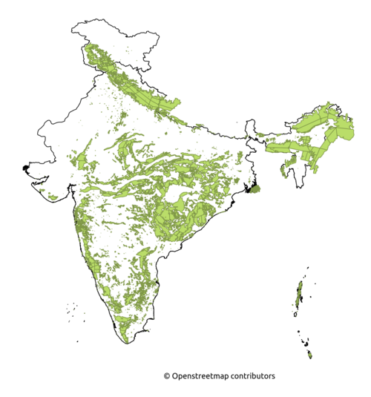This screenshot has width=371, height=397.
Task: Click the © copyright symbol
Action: [167, 376]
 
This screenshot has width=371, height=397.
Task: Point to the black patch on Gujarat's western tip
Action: [28, 169]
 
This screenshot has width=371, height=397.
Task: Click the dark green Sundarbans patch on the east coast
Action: [255, 188]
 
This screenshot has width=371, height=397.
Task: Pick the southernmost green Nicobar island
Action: [310, 356]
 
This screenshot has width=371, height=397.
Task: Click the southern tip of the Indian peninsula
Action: [128, 344]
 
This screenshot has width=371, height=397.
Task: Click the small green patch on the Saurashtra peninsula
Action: [52, 196]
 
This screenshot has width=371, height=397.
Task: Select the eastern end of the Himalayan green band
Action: [178, 102]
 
